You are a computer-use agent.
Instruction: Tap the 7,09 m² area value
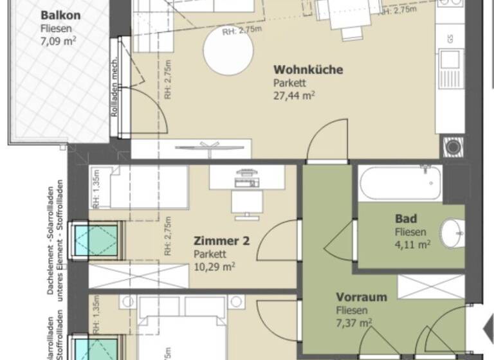click(x=56, y=42)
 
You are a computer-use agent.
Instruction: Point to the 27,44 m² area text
click(x=293, y=96)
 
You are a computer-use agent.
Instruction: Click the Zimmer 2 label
click(x=221, y=242)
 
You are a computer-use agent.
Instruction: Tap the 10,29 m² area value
click(x=214, y=266)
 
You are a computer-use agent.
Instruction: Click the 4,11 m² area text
click(x=412, y=244)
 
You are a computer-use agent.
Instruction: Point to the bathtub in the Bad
click(x=400, y=183)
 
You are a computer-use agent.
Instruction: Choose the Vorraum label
click(x=361, y=298)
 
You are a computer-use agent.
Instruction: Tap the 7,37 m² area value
click(x=354, y=323)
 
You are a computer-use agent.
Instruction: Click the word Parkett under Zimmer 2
click(x=208, y=254)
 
